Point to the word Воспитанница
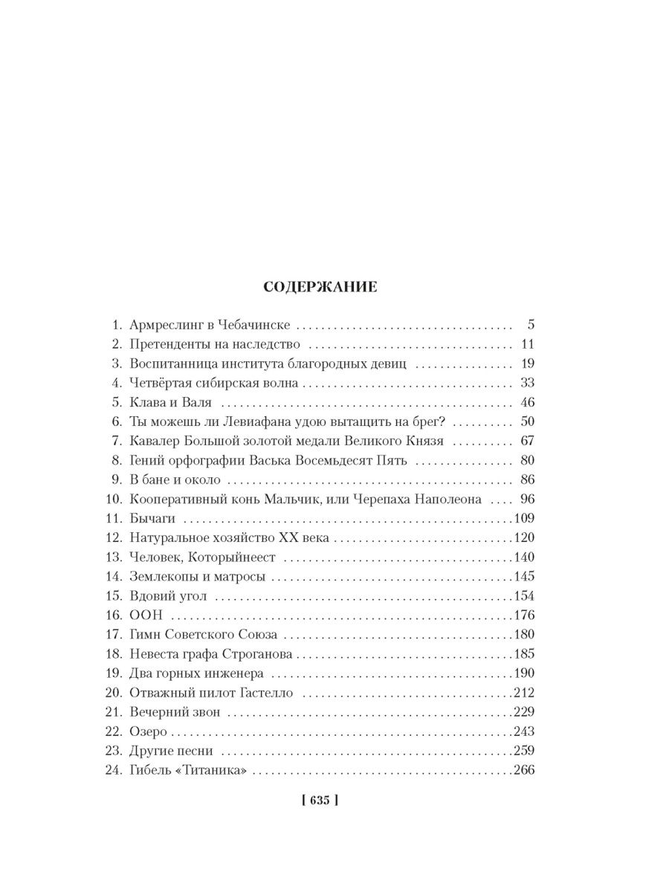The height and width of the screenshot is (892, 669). [x=168, y=363]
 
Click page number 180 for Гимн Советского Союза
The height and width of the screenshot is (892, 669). [x=524, y=635]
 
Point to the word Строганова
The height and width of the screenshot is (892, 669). [x=257, y=654]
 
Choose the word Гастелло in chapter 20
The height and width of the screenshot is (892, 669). [x=266, y=693]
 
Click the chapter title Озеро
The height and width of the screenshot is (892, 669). [x=147, y=731]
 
